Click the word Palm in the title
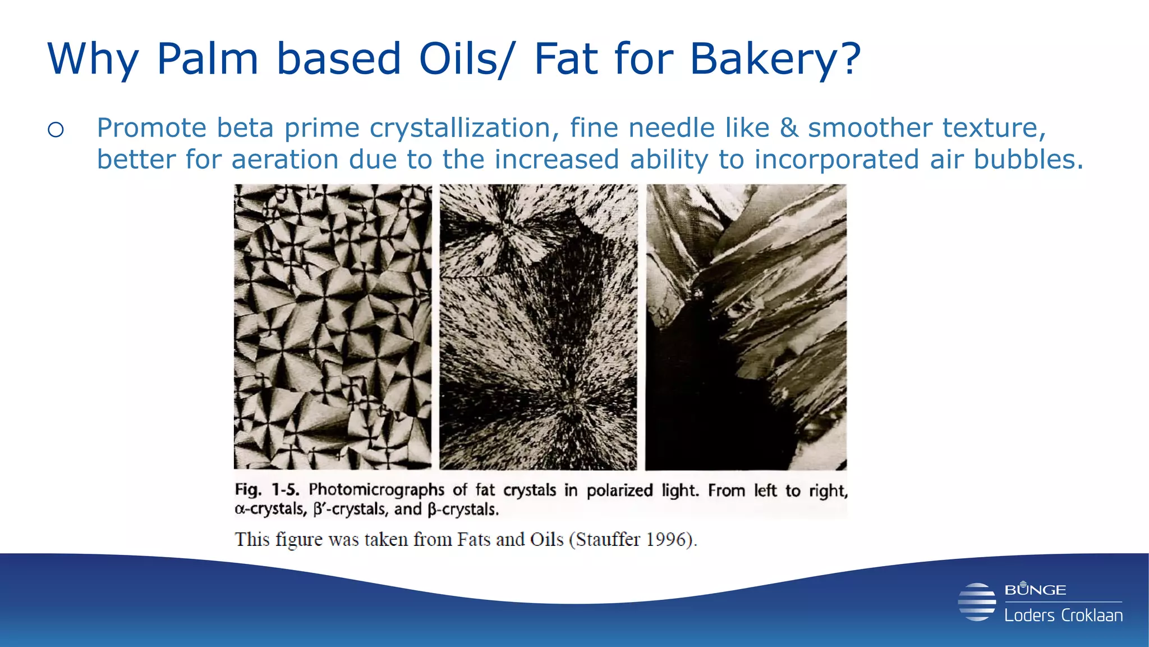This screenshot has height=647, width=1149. (x=207, y=59)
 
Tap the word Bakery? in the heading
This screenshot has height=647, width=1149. (x=775, y=59)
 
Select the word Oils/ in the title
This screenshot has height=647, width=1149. (x=465, y=59)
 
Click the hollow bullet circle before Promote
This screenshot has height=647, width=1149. (x=56, y=130)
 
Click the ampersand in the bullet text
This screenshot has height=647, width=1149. (x=788, y=127)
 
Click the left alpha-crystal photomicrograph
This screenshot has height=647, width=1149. (x=333, y=326)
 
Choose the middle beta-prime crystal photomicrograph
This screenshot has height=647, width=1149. (x=538, y=326)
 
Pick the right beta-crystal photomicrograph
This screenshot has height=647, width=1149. (x=746, y=326)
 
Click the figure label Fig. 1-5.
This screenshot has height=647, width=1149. (x=266, y=490)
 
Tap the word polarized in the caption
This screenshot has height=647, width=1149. (x=619, y=491)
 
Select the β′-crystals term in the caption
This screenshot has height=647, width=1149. (x=350, y=509)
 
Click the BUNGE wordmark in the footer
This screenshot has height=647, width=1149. (x=1035, y=590)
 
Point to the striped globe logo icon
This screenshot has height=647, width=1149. (x=977, y=602)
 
